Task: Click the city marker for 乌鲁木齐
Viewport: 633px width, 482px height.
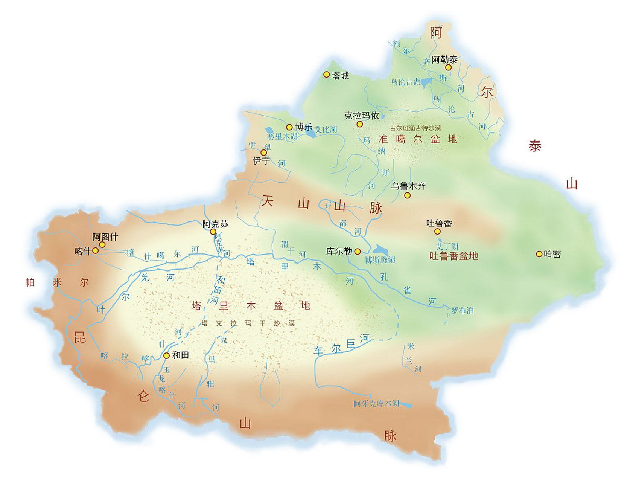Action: click(x=407, y=195)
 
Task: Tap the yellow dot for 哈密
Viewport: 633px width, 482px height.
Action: click(x=539, y=254)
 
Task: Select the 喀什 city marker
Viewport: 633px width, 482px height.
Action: click(x=96, y=250)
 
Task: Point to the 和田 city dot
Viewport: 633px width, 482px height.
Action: click(x=166, y=355)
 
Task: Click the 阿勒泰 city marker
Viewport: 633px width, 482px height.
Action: click(x=448, y=67)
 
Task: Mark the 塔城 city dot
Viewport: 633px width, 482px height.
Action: click(x=327, y=75)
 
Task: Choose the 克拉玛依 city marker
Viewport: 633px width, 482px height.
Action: click(x=360, y=124)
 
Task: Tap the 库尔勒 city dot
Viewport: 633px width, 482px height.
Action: click(x=358, y=251)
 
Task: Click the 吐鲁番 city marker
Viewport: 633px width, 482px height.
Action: click(x=437, y=231)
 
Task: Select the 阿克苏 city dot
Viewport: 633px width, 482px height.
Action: click(x=213, y=232)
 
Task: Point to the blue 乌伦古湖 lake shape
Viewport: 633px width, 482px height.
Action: click(x=426, y=82)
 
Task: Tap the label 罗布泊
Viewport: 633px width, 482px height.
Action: click(x=462, y=311)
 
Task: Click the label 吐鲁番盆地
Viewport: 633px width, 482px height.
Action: click(x=453, y=256)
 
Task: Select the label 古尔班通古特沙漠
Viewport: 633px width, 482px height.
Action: click(x=415, y=128)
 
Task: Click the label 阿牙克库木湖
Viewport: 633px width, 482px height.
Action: click(x=376, y=404)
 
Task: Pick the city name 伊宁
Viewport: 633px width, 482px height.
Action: click(x=261, y=161)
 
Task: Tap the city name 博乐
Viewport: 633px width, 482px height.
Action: click(x=304, y=127)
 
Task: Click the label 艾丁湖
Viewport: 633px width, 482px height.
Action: click(x=447, y=246)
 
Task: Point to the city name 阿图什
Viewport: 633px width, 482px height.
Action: click(x=105, y=237)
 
